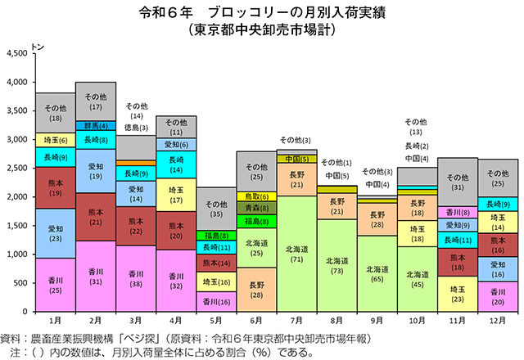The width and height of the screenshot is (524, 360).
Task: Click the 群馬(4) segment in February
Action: tap(96, 125)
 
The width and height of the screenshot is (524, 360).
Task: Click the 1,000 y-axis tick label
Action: tap(17, 254)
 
